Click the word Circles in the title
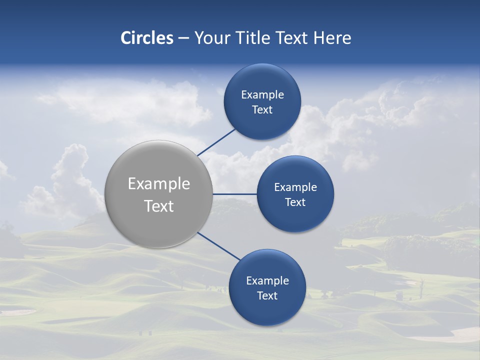click(147, 38)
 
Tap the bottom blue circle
click(267, 310)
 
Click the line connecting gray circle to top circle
click(216, 142)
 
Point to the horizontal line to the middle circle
click(234, 194)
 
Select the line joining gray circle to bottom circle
click(218, 246)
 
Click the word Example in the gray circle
click(159, 184)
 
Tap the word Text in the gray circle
click(159, 206)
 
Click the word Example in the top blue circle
click(262, 95)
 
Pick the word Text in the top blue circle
click(262, 110)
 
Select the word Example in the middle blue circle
click(295, 187)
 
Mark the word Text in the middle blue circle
click(295, 202)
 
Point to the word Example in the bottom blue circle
click(267, 281)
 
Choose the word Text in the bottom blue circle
click(267, 296)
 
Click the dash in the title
click(183, 38)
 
